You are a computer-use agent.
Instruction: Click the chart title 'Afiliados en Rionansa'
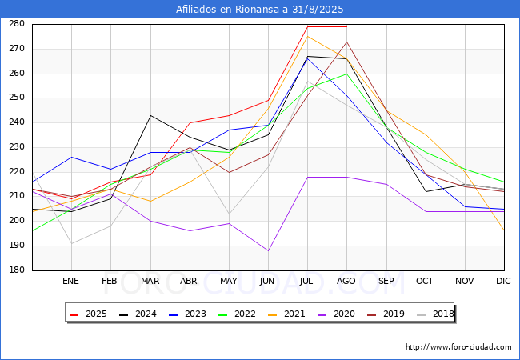tap(260, 9)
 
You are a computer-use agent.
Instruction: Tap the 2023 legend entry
tap(187, 313)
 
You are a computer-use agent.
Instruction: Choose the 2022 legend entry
tap(235, 313)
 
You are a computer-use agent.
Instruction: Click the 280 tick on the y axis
tap(17, 24)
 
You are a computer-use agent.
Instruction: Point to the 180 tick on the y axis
tap(17, 270)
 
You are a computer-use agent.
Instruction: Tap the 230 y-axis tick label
tap(17, 147)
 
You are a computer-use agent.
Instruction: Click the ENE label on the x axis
tap(71, 282)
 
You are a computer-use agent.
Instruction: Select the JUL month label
tap(307, 282)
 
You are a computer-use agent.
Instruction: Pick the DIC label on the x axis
tap(503, 282)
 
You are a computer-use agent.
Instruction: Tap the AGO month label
tap(346, 282)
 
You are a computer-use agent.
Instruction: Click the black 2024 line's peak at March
tap(150, 115)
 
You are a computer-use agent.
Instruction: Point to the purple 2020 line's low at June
tap(268, 250)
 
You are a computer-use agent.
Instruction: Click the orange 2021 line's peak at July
tap(307, 36)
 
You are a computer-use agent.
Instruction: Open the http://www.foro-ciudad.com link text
tap(458, 347)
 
